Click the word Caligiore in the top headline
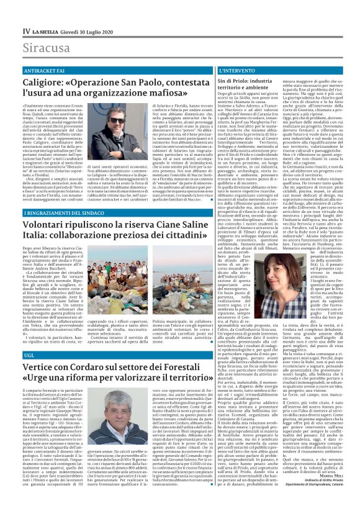47,83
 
